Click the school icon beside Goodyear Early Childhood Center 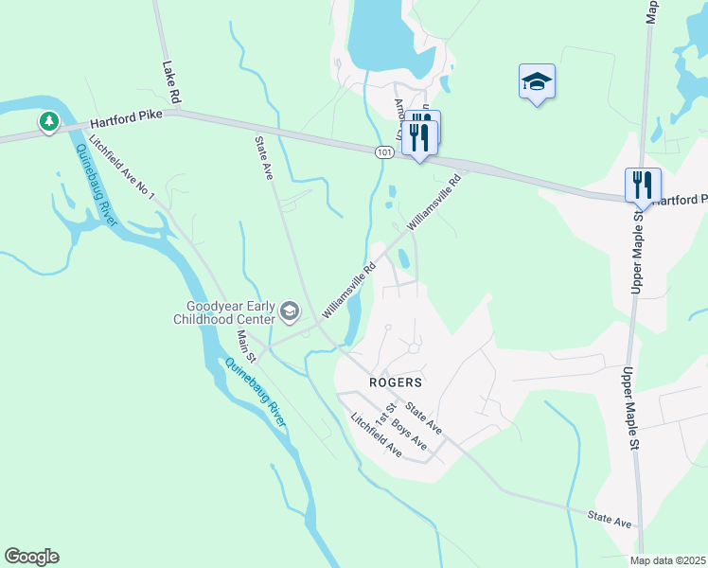pos(290,311)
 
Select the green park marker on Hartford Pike pos(48,122)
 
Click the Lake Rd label pos(171,83)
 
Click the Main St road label pos(246,346)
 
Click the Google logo pos(31,557)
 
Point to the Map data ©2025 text pos(667,560)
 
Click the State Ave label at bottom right pos(609,518)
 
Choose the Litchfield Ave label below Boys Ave pos(376,436)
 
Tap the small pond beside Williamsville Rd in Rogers pos(404,257)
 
